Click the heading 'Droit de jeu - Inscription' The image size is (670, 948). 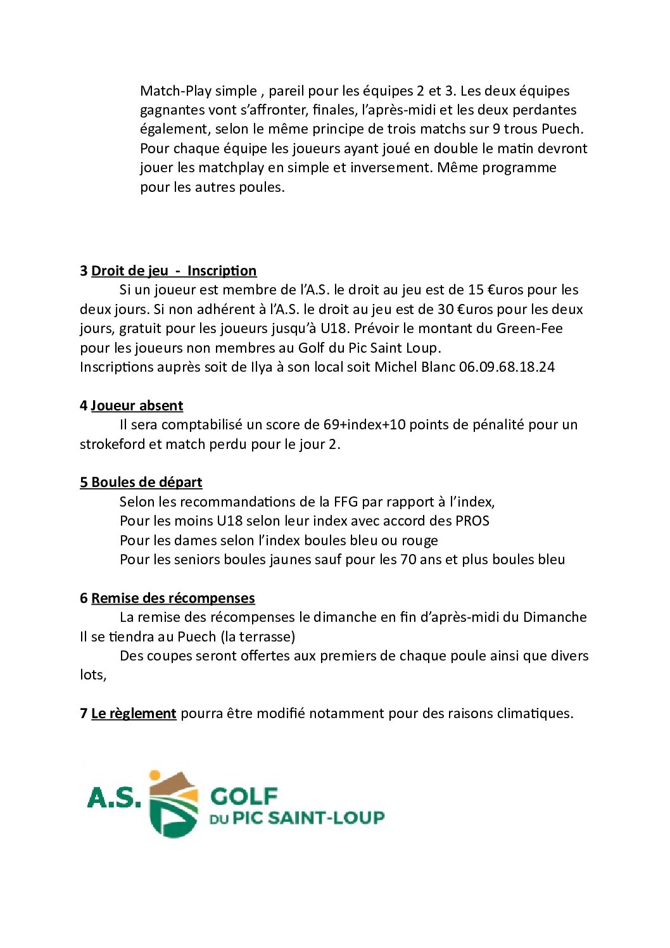pos(174,271)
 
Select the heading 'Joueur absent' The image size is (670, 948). pos(137,406)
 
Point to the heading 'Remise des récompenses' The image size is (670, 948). pos(173,598)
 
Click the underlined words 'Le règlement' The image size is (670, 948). pos(134,714)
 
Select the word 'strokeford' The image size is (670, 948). pos(112,445)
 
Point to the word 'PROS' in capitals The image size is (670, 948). pos(472,521)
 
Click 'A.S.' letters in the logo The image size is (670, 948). pos(114,798)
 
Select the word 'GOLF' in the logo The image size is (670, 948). pos(244,796)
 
